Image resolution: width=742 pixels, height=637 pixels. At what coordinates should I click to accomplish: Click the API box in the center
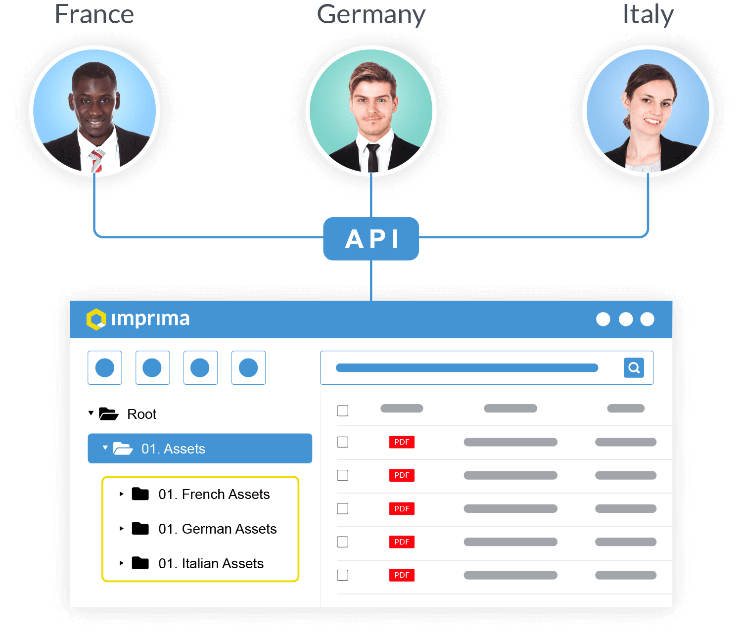(x=371, y=239)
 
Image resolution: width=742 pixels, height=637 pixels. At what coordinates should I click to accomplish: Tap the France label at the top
(x=94, y=14)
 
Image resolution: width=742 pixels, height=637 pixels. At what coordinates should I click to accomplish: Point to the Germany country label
(x=371, y=15)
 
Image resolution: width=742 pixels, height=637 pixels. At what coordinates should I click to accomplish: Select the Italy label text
(x=648, y=15)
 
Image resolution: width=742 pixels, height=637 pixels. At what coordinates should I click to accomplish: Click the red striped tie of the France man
(x=96, y=161)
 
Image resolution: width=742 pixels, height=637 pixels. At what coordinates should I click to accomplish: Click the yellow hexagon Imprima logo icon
(x=96, y=319)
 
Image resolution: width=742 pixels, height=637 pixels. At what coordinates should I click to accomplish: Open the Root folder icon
(x=108, y=413)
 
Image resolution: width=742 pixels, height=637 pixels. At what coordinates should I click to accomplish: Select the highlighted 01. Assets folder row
(x=200, y=449)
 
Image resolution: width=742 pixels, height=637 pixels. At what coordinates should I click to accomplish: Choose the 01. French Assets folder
(x=214, y=494)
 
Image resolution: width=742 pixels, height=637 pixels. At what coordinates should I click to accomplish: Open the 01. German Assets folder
(x=217, y=529)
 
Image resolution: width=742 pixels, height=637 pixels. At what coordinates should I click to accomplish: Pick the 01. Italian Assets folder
(x=211, y=563)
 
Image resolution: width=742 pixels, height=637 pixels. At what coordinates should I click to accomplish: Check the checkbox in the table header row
(x=342, y=410)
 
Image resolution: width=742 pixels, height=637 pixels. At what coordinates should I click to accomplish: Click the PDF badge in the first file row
(x=402, y=442)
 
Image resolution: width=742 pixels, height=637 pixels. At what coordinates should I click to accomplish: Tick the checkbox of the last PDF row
(x=342, y=575)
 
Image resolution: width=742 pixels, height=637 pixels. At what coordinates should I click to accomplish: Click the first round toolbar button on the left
(x=105, y=367)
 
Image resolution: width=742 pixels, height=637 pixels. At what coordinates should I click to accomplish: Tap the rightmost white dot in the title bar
(x=647, y=319)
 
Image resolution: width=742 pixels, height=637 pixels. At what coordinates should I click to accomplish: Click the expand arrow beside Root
(x=91, y=413)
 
